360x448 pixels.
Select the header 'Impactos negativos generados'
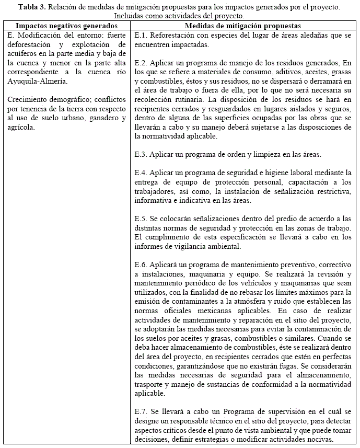pos(66,26)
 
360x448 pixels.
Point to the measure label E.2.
pos(141,62)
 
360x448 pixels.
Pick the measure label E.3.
pos(141,155)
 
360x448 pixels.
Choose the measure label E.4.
pos(141,173)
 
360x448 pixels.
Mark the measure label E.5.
pos(141,219)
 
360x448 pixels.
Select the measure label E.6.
pos(141,265)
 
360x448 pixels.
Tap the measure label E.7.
pos(141,412)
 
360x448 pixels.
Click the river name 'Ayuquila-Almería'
pos(34,81)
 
